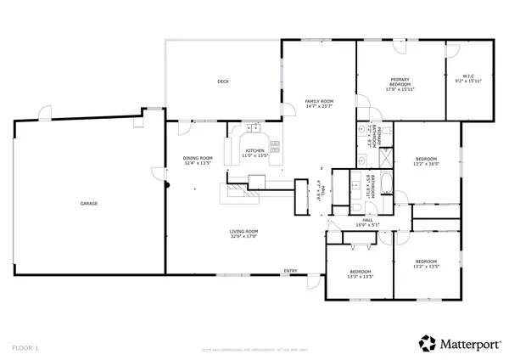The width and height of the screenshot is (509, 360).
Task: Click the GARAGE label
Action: coord(88,204)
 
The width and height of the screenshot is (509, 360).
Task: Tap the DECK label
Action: coord(223,82)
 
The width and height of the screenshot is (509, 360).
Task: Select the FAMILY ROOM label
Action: coord(320,101)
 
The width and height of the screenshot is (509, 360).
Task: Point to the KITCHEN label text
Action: coord(255,150)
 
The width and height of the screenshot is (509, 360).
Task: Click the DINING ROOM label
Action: coord(198,158)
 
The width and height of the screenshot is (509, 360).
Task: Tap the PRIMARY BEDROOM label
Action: coord(400,82)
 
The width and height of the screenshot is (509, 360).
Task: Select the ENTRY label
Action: coord(290,272)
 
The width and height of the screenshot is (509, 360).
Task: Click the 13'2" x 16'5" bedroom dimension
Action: coord(426,165)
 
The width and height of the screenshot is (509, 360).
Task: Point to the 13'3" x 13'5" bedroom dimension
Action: coord(361,277)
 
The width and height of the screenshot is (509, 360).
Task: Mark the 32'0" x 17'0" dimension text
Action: coord(243,237)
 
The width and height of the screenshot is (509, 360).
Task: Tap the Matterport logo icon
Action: coord(428,343)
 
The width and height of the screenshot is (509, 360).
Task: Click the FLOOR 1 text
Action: coord(25,347)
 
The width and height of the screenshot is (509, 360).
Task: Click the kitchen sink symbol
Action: coord(252,130)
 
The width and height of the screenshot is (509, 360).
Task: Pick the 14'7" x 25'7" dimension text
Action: coord(320,107)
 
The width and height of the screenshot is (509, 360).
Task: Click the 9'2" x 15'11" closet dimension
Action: coord(467,82)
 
